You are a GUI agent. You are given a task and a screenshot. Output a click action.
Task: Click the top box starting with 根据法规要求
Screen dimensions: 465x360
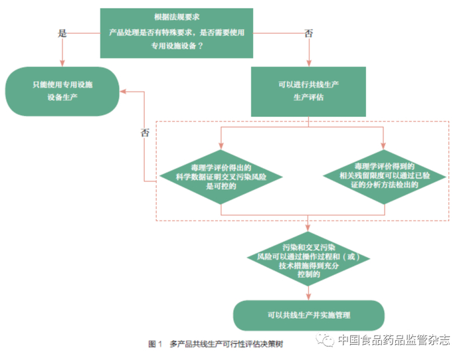pos(177,33)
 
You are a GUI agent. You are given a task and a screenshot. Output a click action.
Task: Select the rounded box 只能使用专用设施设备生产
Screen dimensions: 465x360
pos(62,92)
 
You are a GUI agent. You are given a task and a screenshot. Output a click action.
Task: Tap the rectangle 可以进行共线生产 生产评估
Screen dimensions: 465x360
pos(308,92)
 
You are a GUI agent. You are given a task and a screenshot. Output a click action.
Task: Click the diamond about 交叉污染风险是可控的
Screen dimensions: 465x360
pos(221,177)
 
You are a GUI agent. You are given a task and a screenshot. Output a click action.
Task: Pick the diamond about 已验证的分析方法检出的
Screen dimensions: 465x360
pos(385,177)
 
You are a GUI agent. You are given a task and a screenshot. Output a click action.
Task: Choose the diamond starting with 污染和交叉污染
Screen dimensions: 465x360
pos(308,259)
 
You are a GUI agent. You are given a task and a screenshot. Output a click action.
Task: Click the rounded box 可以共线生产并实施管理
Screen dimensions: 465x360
pos(309,315)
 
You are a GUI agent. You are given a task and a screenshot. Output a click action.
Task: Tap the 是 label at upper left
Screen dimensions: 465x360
pos(62,33)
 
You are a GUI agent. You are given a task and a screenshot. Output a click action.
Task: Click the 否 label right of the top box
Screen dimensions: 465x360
pos(309,33)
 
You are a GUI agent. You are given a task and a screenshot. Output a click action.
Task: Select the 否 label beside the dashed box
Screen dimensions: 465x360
pos(145,132)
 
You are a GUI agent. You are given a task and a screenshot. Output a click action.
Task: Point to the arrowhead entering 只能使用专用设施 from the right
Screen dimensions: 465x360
pos(123,92)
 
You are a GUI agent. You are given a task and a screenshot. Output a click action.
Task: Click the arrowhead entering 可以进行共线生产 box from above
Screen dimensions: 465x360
pos(309,63)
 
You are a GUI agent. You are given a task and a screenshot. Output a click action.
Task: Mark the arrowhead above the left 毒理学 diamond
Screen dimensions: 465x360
pos(221,146)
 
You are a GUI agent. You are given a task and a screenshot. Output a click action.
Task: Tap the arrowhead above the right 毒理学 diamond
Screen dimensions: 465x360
pos(383,146)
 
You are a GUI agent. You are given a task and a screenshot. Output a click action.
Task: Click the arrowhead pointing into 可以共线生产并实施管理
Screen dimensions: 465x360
pos(308,296)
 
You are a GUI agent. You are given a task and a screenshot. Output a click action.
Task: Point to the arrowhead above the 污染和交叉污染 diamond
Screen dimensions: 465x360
pos(308,228)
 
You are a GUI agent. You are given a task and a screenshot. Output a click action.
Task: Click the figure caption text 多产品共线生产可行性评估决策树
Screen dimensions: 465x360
pos(227,344)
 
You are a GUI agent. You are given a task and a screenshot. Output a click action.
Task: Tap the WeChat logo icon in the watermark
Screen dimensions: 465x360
pos(325,339)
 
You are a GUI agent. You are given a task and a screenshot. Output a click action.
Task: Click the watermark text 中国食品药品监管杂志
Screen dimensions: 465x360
pos(394,340)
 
